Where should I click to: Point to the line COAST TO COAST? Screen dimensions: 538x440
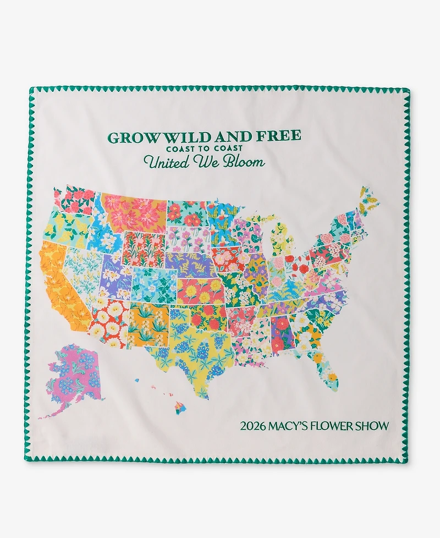click(x=204, y=149)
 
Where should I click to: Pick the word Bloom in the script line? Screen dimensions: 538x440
click(x=246, y=162)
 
